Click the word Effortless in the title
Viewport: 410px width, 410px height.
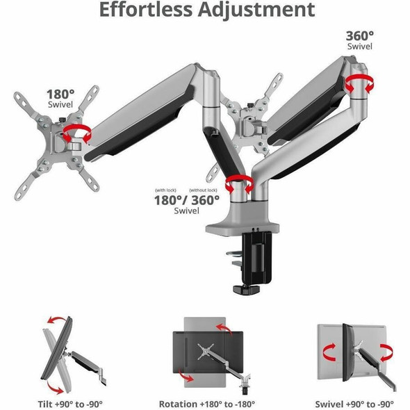(x=146, y=10)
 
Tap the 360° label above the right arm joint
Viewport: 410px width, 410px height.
(x=360, y=36)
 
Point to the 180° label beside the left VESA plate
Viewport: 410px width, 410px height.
(x=60, y=94)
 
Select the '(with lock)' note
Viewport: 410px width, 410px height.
(x=166, y=190)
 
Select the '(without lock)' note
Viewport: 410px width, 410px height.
(x=203, y=190)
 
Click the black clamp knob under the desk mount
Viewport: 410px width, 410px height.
(x=246, y=289)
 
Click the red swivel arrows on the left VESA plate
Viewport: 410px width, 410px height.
(x=77, y=133)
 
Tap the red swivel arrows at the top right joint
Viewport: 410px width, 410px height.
(x=359, y=83)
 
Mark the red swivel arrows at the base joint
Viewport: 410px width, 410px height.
(x=240, y=184)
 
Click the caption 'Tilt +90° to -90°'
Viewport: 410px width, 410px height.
(x=70, y=404)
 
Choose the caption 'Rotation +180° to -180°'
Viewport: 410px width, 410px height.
(x=207, y=404)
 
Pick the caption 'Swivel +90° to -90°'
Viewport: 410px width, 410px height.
(x=354, y=404)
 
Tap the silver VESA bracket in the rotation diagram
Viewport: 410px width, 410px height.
(x=206, y=351)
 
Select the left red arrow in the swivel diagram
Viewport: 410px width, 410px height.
(x=329, y=352)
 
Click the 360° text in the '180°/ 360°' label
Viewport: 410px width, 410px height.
(x=206, y=200)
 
